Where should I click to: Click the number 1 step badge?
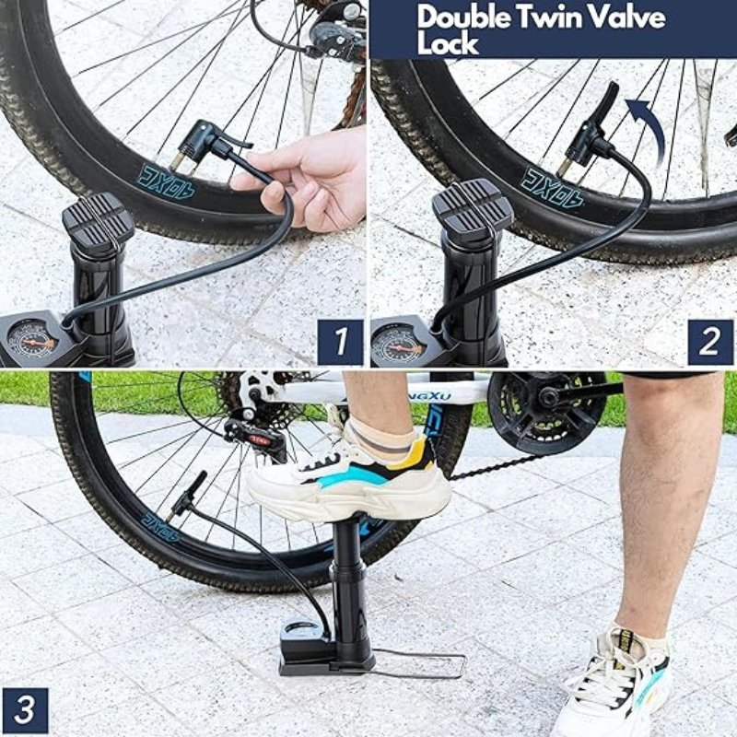[340, 342]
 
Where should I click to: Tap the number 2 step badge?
[710, 342]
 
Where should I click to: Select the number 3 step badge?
[26, 710]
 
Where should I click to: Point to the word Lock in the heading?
[447, 41]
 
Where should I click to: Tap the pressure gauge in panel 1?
[33, 339]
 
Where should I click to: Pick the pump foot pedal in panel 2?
[472, 210]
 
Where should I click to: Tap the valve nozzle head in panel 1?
[205, 145]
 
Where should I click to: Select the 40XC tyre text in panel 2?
[552, 185]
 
